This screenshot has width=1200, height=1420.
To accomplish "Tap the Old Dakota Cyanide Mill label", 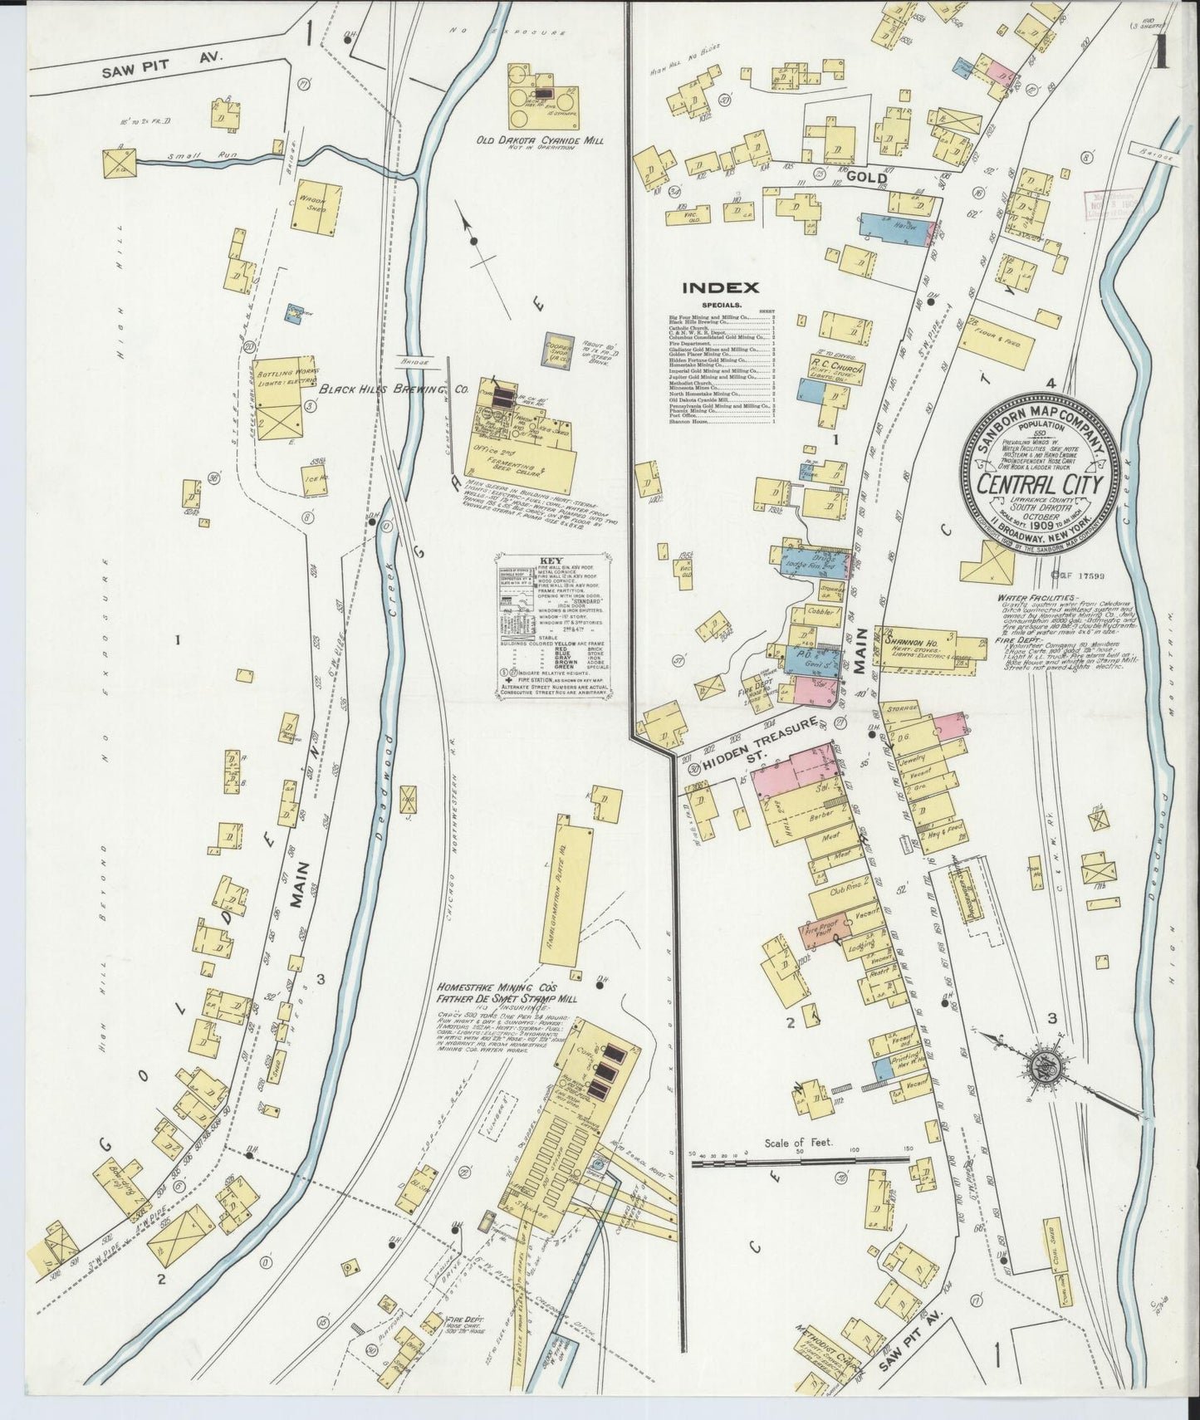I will pyautogui.click(x=539, y=142).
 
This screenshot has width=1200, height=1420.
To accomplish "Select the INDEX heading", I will pyautogui.click(x=720, y=288).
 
